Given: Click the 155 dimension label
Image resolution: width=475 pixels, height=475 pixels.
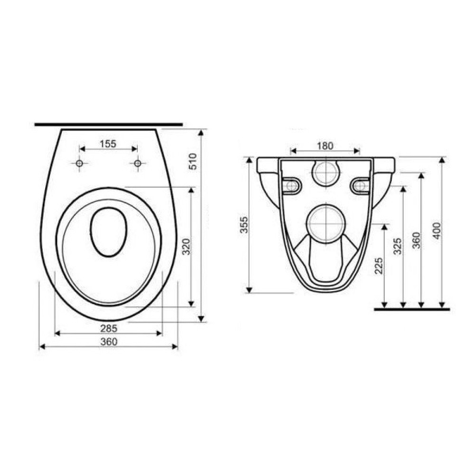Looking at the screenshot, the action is click(108, 144).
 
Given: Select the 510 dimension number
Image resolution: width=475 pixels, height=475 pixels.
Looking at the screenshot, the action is click(193, 161).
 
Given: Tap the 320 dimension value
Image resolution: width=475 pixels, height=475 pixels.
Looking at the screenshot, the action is click(187, 247).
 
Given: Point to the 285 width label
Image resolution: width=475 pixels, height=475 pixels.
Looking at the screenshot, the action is click(109, 328).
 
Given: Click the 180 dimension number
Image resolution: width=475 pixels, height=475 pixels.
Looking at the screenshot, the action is click(325, 146).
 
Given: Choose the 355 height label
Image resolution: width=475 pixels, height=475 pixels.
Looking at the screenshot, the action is click(244, 225).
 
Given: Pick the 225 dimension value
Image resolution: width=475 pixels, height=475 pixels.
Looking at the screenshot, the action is click(379, 266).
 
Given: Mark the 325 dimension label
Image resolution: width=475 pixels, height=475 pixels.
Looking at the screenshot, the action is click(398, 246).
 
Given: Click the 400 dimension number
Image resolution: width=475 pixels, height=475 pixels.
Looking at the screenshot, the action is click(437, 230).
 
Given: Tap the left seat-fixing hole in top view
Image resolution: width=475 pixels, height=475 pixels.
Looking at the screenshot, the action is click(79, 163).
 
